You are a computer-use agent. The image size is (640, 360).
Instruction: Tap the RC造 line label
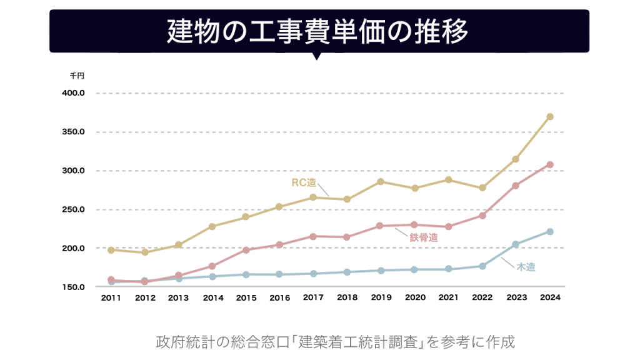[x=304, y=182]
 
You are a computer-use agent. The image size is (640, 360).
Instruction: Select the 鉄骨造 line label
[x=423, y=237]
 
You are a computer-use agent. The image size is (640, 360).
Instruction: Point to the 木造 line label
[x=526, y=267]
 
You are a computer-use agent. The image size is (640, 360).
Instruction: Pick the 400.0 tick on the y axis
[x=74, y=93]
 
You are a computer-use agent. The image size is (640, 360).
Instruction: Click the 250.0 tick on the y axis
[x=74, y=209]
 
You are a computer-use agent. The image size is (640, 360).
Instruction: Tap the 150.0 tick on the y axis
[x=74, y=287]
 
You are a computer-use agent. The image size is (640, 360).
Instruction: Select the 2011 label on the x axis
[x=111, y=298]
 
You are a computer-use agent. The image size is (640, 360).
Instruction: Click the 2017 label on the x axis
[x=313, y=298]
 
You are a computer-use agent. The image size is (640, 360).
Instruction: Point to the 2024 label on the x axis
[x=550, y=298]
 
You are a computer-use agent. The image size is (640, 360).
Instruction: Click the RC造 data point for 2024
[x=550, y=117]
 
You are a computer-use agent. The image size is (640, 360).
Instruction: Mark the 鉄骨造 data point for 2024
[x=550, y=165]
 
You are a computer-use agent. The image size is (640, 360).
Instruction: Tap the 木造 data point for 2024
[x=550, y=232]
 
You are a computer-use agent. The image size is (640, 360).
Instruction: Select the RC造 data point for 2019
[x=381, y=182]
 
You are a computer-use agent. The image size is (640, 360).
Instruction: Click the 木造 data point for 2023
[x=516, y=244]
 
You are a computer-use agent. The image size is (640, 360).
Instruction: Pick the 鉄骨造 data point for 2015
[x=246, y=250]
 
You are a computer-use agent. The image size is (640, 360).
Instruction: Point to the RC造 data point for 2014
[x=212, y=226]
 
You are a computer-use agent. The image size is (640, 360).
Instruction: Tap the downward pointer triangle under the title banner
[x=316, y=56]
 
